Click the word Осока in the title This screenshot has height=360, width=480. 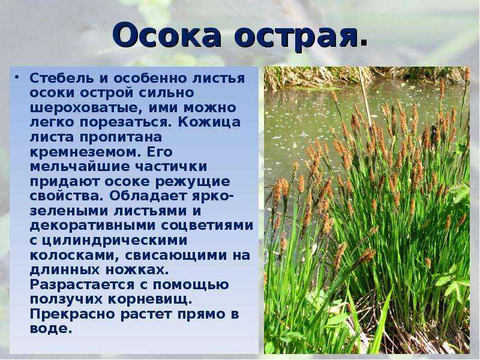tap(167, 35)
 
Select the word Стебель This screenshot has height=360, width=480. tap(62, 78)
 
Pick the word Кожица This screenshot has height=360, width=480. tap(209, 122)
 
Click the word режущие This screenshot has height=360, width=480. tap(193, 182)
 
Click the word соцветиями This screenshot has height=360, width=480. tap(207, 226)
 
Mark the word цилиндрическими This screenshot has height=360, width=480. tap(114, 241)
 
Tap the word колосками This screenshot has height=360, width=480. tap(73, 256)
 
